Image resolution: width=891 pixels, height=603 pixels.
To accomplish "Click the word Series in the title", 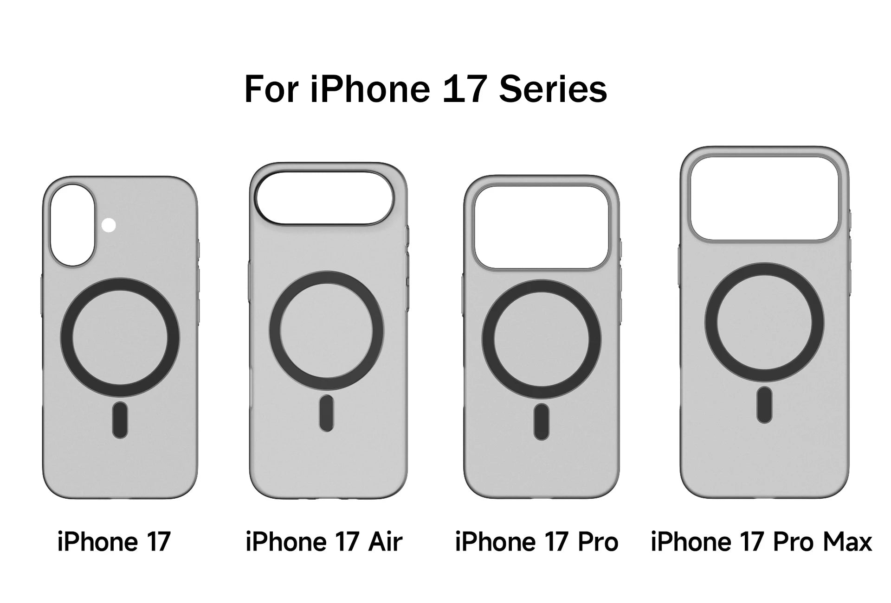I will click(x=553, y=89).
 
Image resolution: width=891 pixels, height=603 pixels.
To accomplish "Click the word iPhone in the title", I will click(x=370, y=89).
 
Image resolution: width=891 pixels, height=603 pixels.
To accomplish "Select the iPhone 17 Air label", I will click(x=324, y=541).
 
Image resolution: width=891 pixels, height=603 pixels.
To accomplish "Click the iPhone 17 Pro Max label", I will click(x=761, y=541).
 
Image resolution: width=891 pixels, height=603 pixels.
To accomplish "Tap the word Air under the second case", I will click(x=385, y=541).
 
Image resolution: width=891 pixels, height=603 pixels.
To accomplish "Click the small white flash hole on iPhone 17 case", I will click(x=109, y=226).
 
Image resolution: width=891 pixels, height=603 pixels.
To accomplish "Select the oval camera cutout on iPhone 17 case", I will click(x=73, y=225).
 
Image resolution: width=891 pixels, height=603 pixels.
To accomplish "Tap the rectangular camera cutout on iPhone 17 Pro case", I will click(x=542, y=227).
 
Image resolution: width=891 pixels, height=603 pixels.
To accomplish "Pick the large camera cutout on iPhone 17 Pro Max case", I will click(x=764, y=198).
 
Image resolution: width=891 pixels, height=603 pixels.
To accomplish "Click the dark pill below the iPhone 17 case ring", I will click(x=120, y=420).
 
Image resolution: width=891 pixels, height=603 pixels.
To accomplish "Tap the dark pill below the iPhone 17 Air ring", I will click(x=326, y=413).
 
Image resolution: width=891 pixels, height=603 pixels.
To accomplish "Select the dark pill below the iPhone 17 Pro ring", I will click(x=541, y=422).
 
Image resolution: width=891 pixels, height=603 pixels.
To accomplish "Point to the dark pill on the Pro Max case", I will click(x=764, y=405).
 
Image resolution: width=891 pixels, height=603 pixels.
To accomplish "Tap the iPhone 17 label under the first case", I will click(x=114, y=541).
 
